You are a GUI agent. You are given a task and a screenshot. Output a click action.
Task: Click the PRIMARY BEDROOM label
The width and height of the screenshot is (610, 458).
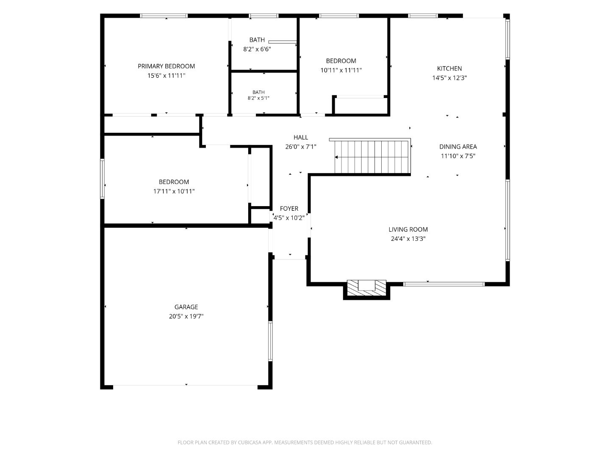pyautogui.click(x=166, y=66)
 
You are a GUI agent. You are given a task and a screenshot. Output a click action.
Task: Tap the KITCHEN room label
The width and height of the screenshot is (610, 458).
pyautogui.click(x=449, y=68)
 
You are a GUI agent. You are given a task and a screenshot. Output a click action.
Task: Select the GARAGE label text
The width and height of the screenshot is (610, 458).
pyautogui.click(x=186, y=307)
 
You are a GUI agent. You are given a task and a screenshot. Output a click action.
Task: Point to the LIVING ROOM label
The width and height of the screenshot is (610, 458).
pyautogui.click(x=408, y=229)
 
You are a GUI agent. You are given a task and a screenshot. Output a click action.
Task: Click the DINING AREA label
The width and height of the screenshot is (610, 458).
pyautogui.click(x=458, y=147)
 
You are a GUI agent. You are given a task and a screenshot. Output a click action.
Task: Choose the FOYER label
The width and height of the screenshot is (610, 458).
pyautogui.click(x=289, y=209)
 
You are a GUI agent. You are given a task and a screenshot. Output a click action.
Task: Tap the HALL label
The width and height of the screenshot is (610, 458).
pyautogui.click(x=301, y=137)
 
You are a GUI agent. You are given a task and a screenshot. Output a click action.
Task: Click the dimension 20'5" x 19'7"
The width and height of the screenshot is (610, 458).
pyautogui.click(x=186, y=316)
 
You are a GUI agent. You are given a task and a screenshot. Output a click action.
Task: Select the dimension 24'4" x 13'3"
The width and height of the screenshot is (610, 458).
pyautogui.click(x=408, y=239)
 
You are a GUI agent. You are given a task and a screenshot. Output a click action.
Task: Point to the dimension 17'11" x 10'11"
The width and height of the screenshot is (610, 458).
pyautogui.click(x=174, y=191)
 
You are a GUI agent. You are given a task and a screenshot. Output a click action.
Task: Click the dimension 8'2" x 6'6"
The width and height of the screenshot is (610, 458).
pyautogui.click(x=257, y=49)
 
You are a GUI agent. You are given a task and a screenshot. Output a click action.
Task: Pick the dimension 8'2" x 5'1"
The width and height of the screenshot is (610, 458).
pyautogui.click(x=258, y=98)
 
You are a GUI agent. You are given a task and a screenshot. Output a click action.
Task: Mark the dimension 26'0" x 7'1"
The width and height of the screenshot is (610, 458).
pyautogui.click(x=301, y=147)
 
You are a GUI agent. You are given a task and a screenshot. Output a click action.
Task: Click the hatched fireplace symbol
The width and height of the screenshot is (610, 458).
pyautogui.click(x=366, y=288)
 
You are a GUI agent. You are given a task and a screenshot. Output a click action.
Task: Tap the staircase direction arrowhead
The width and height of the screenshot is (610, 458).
pyautogui.click(x=336, y=157)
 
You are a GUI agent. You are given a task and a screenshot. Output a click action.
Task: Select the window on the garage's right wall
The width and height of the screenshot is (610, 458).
pyautogui.click(x=270, y=341)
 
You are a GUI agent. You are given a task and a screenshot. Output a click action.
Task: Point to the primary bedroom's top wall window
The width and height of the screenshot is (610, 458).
pyautogui.click(x=164, y=16)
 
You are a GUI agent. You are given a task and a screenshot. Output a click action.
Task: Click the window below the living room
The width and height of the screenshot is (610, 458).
pyautogui.click(x=444, y=284)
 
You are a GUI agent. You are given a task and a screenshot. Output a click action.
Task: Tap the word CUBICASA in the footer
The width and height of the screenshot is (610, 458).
pyautogui.click(x=249, y=442)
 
